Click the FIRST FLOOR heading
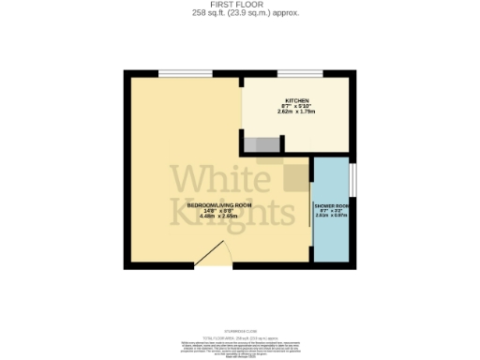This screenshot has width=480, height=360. tap(239, 5)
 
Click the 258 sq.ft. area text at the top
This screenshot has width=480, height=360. tap(239, 13)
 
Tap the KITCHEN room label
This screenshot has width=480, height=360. tap(297, 100)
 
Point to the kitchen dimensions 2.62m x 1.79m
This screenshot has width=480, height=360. tap(297, 112)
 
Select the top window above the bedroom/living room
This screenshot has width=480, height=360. tap(178, 72)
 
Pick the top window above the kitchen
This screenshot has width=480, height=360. tap(300, 72)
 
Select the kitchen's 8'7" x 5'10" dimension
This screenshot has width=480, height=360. tap(297, 107)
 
